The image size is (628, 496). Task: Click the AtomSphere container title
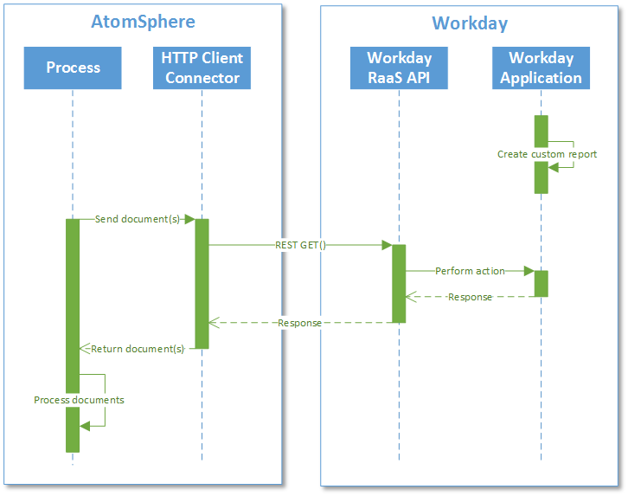(x=143, y=22)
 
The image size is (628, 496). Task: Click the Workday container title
(x=470, y=23)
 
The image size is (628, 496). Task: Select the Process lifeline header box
(x=73, y=68)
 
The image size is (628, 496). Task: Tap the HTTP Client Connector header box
(x=202, y=68)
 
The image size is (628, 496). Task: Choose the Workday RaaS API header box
(x=399, y=68)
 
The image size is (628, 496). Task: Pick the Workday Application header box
(x=541, y=68)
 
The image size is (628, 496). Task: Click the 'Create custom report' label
(x=547, y=154)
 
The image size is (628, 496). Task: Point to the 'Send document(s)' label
(x=137, y=219)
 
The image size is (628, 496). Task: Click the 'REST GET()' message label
(x=300, y=245)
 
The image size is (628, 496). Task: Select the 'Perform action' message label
(x=470, y=271)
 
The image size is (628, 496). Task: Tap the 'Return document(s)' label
(x=138, y=349)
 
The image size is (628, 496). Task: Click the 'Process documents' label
(x=79, y=400)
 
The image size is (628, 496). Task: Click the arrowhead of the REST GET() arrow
(x=387, y=245)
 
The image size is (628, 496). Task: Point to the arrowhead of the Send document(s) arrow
(x=189, y=219)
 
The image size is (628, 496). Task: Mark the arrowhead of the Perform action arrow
(x=529, y=271)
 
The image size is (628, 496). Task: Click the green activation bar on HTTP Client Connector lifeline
(x=202, y=284)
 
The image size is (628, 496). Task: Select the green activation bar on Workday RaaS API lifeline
(x=399, y=284)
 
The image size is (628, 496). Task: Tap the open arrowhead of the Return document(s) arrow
(x=84, y=349)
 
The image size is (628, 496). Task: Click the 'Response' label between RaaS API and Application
(x=470, y=297)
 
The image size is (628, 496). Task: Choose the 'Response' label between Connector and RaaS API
(x=299, y=323)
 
